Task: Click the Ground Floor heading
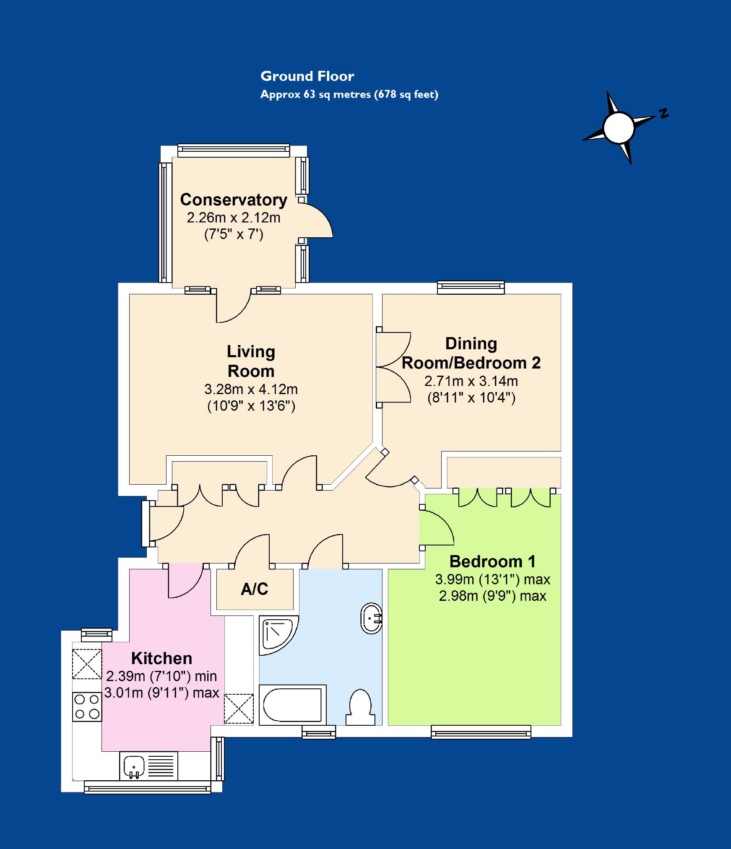click(x=307, y=76)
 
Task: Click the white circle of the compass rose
click(x=618, y=127)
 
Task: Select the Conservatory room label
click(x=234, y=200)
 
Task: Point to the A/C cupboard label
click(x=254, y=589)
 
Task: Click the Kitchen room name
click(x=161, y=658)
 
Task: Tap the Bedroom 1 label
click(x=492, y=561)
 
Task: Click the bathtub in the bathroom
click(x=292, y=705)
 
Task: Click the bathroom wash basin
click(x=371, y=618)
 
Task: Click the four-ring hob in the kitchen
click(x=87, y=706)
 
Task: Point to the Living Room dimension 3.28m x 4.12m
click(x=251, y=389)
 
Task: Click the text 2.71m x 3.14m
click(x=471, y=381)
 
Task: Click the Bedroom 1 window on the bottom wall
click(x=481, y=732)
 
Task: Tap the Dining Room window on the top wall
click(x=471, y=287)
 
